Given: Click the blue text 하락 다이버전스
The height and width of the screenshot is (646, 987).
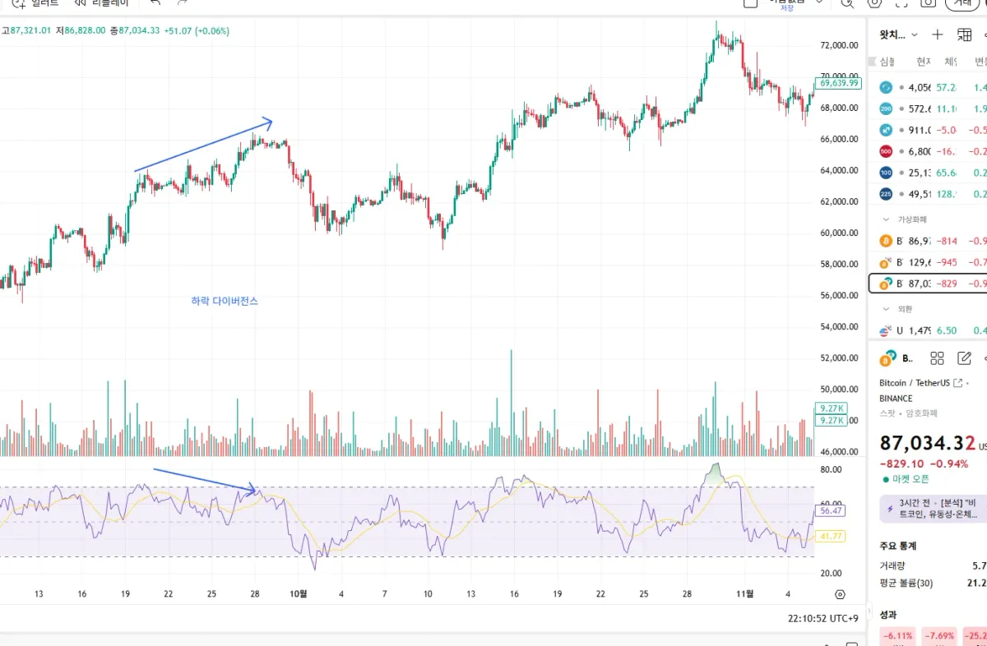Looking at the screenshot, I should [x=225, y=302].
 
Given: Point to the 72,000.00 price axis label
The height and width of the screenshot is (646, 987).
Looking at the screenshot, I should [x=839, y=45].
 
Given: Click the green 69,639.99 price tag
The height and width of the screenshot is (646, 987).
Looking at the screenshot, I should [x=838, y=83].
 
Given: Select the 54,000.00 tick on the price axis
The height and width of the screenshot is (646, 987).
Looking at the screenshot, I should [x=839, y=327].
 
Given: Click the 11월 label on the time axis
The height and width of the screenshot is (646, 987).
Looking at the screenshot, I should [x=744, y=594].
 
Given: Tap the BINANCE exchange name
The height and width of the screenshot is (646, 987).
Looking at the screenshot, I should [x=896, y=399].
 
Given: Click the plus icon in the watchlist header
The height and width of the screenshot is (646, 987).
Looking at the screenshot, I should [x=938, y=35].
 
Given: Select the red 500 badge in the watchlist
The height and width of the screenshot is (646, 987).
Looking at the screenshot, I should [x=886, y=151].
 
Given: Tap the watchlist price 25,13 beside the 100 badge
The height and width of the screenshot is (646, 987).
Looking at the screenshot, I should [x=919, y=173].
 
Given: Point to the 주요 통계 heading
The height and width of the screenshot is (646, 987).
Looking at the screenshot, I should [x=897, y=546].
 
